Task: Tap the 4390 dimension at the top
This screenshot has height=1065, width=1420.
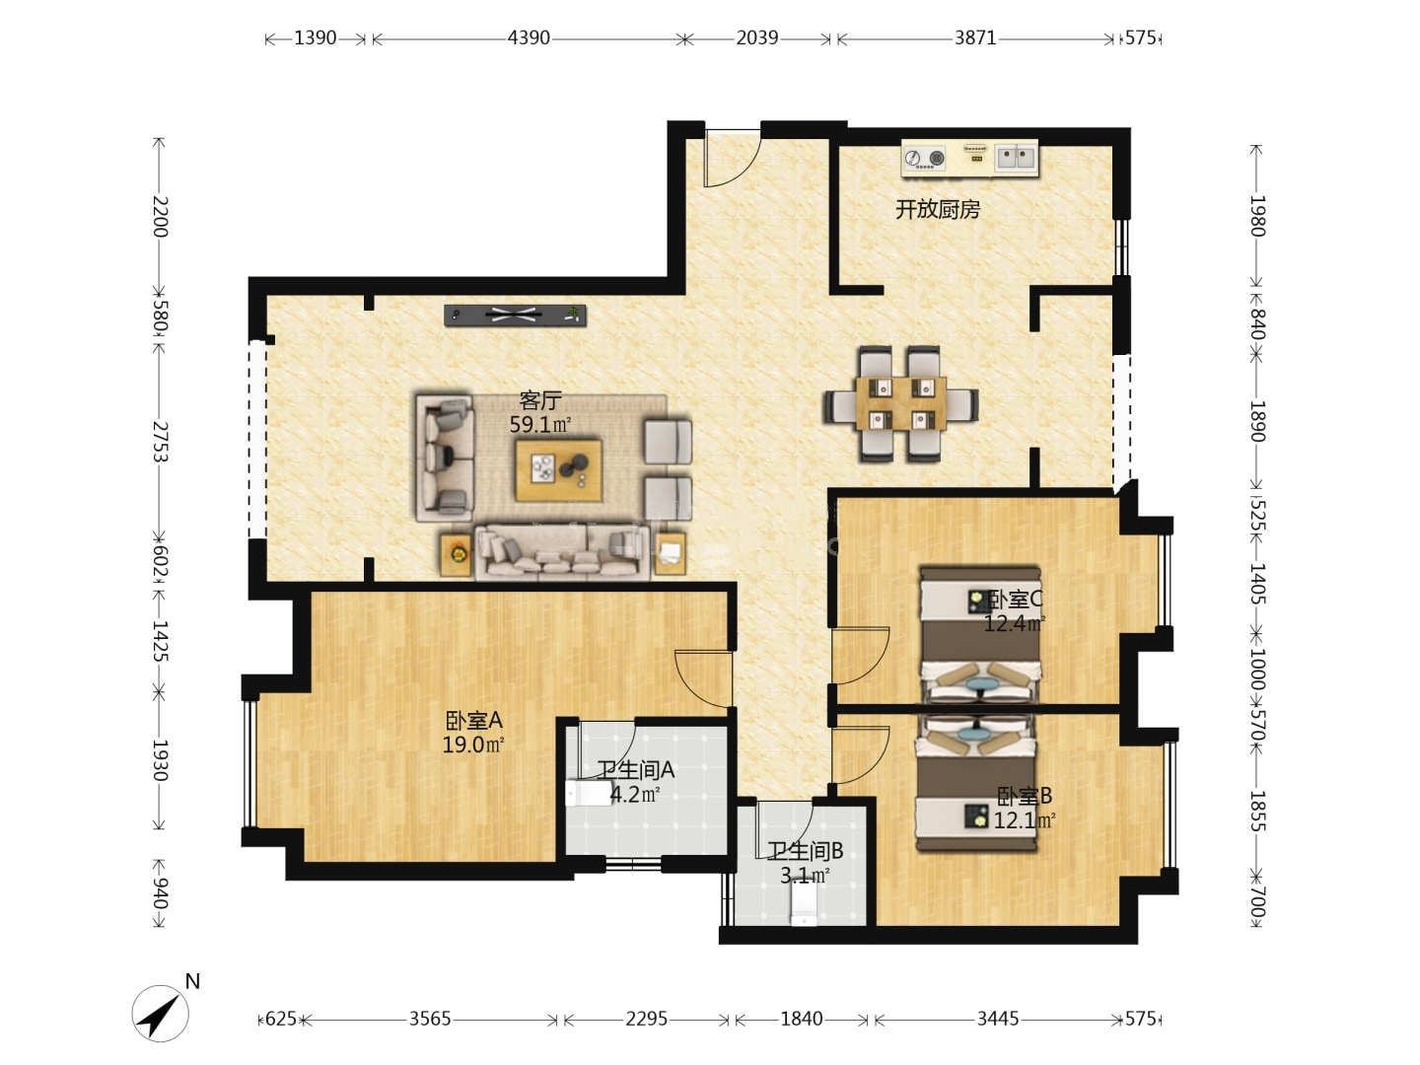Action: coord(529,38)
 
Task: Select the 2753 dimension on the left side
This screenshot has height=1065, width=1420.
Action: coord(160,442)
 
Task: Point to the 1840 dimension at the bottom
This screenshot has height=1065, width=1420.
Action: coord(802,1019)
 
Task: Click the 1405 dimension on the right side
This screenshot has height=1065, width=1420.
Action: coord(1257,583)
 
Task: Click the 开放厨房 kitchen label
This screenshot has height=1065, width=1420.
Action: coord(938,209)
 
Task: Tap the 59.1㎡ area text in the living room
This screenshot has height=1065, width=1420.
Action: coord(540,425)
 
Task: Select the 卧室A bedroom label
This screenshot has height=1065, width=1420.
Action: coord(473,720)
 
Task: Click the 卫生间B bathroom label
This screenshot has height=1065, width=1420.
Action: coord(805,851)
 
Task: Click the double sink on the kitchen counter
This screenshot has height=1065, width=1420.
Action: coord(1016,157)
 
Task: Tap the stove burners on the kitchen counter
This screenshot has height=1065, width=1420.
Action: coord(924,158)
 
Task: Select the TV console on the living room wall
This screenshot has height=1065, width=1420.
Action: coord(515,316)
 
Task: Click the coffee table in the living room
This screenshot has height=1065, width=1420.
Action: coord(559,470)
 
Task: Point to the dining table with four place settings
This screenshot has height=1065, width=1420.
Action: coord(900,404)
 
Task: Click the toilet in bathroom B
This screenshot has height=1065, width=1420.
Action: coord(804,904)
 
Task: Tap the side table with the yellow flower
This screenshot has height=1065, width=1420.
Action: coord(457,554)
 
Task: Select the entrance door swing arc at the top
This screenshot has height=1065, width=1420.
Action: coord(732,159)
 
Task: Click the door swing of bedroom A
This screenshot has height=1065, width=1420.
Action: coord(703,679)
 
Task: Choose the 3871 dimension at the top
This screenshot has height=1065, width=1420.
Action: coord(975,38)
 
